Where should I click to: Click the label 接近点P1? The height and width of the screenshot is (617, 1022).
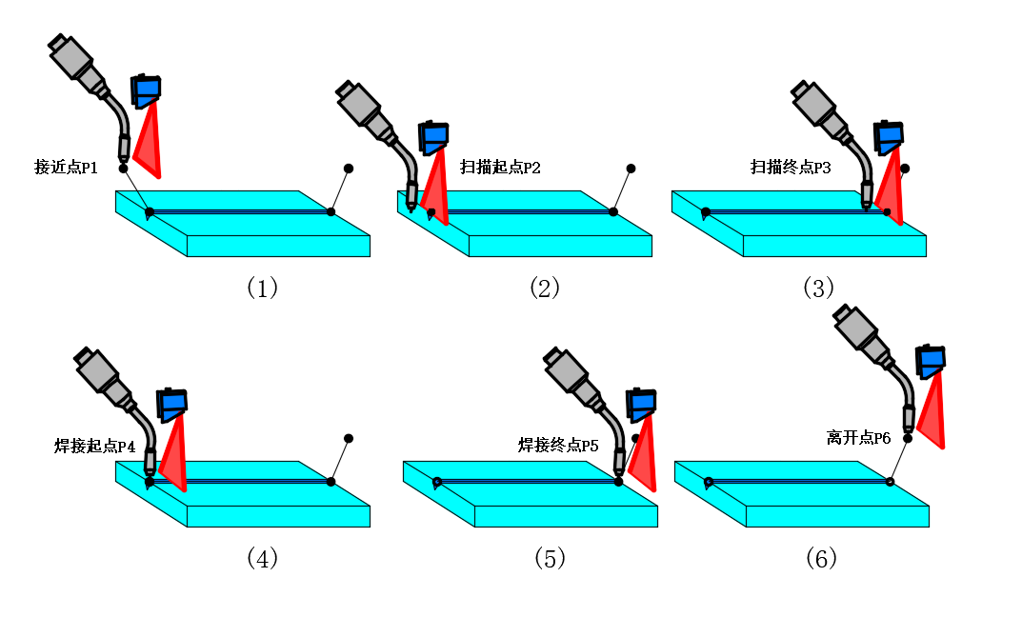point(66,168)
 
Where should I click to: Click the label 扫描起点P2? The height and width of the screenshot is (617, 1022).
point(500,168)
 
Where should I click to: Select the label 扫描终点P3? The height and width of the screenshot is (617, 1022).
point(791,168)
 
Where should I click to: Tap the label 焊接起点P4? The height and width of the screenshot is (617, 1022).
point(95,445)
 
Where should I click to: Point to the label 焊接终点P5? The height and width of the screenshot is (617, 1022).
point(558,445)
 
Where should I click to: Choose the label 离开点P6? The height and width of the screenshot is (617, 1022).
point(858,438)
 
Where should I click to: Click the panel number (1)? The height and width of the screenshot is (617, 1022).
point(261,288)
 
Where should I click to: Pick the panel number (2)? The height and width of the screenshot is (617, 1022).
point(544,288)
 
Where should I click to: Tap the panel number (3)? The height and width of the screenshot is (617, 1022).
point(818,288)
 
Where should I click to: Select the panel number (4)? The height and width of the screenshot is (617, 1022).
point(261,558)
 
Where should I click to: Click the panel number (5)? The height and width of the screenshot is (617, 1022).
point(550,558)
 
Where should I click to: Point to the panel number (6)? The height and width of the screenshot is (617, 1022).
point(820,558)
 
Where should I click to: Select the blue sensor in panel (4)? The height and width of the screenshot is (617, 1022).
point(172,405)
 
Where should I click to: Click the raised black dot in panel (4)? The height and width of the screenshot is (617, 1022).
point(349,439)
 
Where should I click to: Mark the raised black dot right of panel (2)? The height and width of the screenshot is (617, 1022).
point(631,168)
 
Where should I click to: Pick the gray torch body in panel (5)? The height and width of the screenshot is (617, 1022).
point(569,373)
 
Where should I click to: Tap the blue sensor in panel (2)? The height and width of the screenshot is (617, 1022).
point(432,137)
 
